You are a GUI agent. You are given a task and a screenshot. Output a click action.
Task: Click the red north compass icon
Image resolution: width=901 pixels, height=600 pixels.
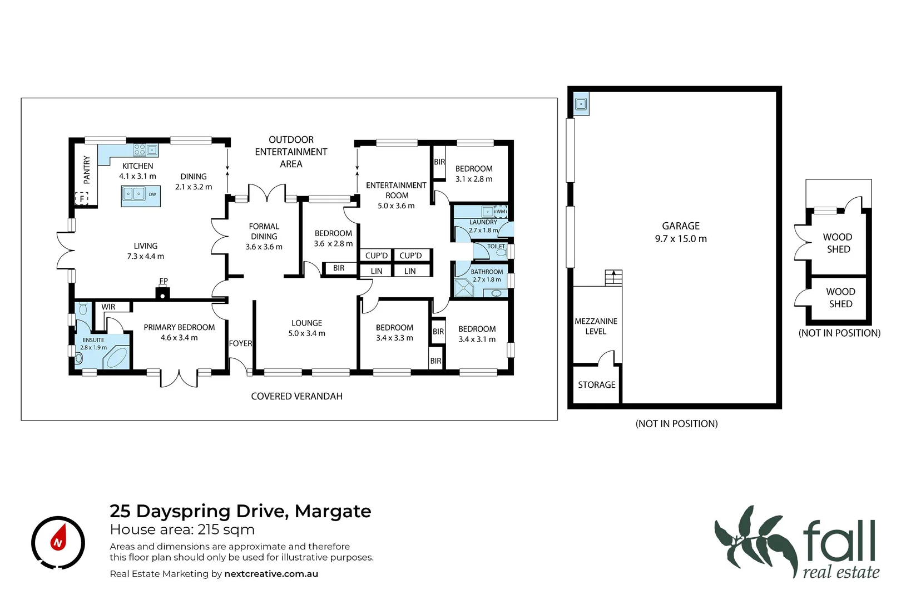pyautogui.click(x=58, y=542)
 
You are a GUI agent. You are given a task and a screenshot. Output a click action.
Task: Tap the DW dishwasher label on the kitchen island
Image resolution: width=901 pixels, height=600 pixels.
pyautogui.click(x=152, y=194)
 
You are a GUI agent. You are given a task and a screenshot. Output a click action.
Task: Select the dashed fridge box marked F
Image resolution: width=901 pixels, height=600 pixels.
pyautogui.click(x=82, y=199)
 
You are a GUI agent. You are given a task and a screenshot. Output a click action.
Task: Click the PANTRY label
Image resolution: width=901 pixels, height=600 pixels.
pyautogui.click(x=87, y=169)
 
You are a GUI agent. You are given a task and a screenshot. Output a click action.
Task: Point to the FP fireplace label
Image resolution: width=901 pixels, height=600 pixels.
pyautogui.click(x=164, y=281)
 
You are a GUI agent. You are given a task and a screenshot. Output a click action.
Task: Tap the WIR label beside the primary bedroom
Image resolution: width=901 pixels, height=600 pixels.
pyautogui.click(x=108, y=307)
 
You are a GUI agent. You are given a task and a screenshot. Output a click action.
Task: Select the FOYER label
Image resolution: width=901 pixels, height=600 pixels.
pyautogui.click(x=240, y=343)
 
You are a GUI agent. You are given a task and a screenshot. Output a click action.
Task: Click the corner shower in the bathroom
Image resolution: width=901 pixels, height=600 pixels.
pyautogui.click(x=463, y=288)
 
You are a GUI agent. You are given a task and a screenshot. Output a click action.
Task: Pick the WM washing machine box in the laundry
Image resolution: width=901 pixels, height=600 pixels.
pyautogui.click(x=501, y=211)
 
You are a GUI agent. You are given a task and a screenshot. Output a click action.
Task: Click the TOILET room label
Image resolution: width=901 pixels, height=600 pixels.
pyautogui.click(x=496, y=246)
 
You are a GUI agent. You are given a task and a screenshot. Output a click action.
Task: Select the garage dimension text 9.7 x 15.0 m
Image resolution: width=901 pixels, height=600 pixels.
pyautogui.click(x=681, y=239)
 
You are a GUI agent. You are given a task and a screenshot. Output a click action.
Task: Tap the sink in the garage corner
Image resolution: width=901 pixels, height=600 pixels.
pyautogui.click(x=581, y=104)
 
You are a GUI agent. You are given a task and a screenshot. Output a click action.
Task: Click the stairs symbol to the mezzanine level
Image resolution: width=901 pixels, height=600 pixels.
pyautogui.click(x=613, y=277)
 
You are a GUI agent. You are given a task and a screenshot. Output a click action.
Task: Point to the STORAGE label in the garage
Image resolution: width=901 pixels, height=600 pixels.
pyautogui.click(x=596, y=384)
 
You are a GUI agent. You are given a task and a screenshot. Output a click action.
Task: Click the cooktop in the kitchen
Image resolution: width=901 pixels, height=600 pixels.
pyautogui.click(x=140, y=149)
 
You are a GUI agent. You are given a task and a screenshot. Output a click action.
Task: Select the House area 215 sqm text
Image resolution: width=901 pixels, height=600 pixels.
pyautogui.click(x=182, y=529)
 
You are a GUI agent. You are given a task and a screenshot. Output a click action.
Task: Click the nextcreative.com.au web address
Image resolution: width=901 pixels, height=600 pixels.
pyautogui.click(x=271, y=574)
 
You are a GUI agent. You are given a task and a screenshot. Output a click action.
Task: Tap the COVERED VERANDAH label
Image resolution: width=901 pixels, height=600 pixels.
pyautogui.click(x=296, y=396)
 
